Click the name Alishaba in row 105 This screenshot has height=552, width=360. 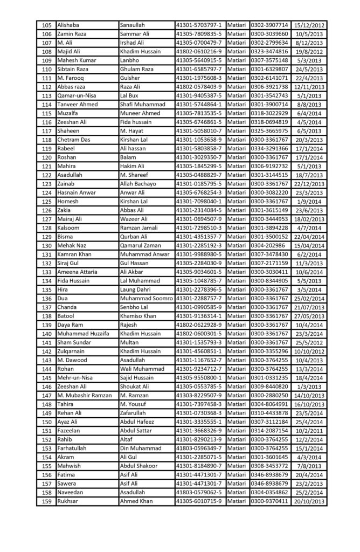(70, 25)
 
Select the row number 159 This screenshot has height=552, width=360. (46, 501)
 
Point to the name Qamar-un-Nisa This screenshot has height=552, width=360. (77, 95)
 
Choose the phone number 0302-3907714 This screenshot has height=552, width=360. (269, 25)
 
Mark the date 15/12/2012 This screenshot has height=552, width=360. (309, 25)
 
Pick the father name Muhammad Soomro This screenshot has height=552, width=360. (147, 298)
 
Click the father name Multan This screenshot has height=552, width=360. (130, 342)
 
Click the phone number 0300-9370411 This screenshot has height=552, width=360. (269, 501)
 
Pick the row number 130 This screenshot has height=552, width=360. (46, 245)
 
